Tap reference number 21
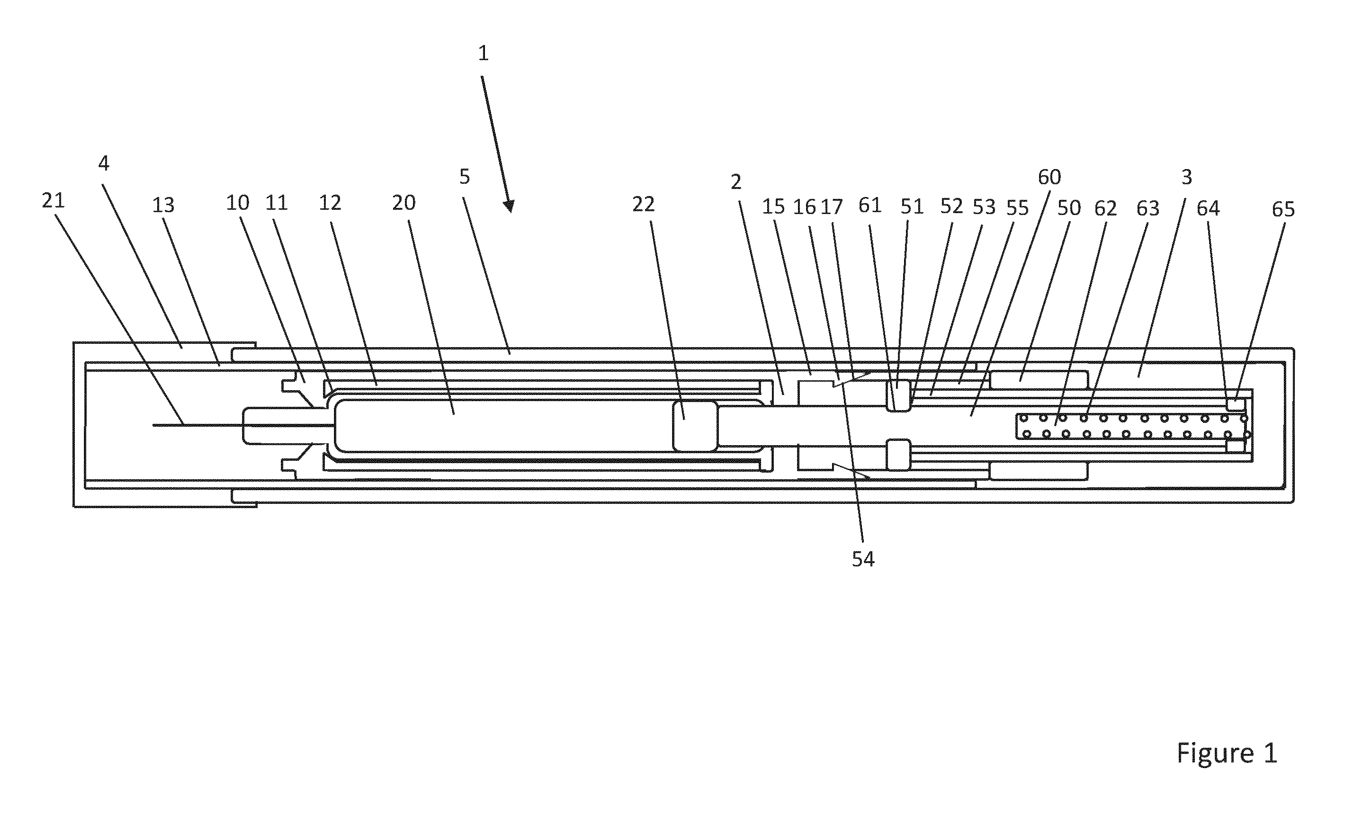(x=54, y=200)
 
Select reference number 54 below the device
(x=863, y=559)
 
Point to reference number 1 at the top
(x=483, y=54)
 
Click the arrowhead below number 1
(x=509, y=206)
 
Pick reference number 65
(x=1283, y=209)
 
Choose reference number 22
(x=644, y=205)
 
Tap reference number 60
(x=1049, y=178)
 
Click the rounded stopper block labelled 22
(x=695, y=426)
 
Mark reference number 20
(x=404, y=203)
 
